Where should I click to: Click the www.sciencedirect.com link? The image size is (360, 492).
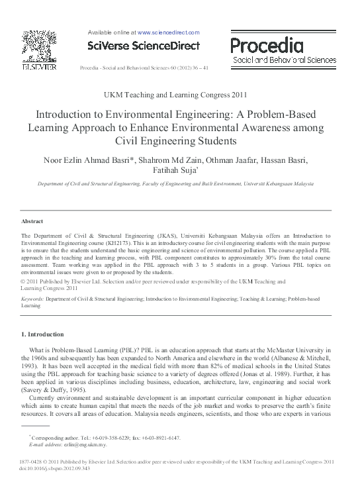click(168, 32)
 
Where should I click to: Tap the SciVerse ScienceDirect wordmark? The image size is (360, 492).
click(143, 46)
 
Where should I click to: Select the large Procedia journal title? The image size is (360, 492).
click(267, 45)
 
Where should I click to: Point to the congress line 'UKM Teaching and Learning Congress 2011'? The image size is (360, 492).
click(180, 95)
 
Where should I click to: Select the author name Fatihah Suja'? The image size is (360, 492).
click(179, 172)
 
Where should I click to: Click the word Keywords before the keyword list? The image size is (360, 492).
click(32, 299)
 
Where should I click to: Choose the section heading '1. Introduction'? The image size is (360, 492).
click(42, 334)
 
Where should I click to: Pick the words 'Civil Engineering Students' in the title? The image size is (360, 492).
click(180, 140)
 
